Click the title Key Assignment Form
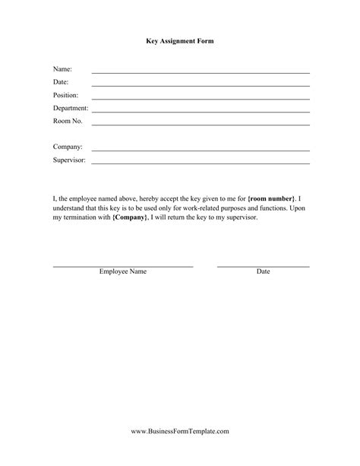180,42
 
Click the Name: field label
62,69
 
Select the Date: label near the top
61,82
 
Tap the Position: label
65,95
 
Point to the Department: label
71,108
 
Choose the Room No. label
67,121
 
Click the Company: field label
67,147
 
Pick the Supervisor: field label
69,160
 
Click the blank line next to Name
201,72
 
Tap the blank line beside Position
201,98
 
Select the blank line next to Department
201,111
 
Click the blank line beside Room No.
201,124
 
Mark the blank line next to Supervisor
201,163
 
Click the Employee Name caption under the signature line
123,271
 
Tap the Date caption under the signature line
263,271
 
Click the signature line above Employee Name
123,266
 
